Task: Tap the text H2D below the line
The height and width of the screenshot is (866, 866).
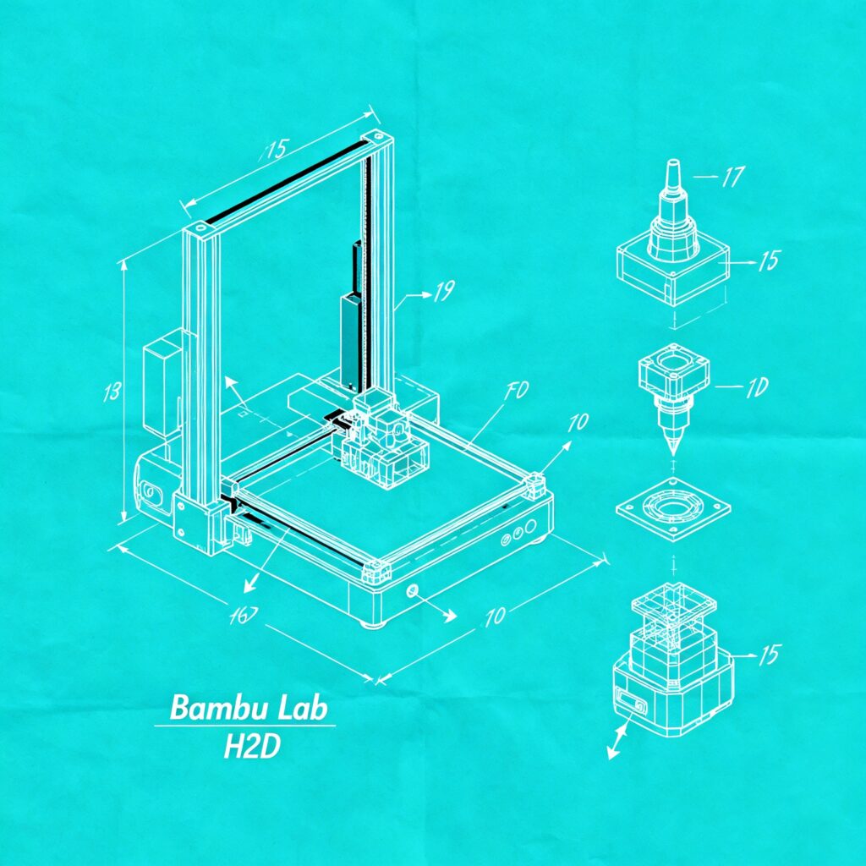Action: click(251, 747)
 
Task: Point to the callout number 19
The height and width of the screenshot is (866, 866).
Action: click(444, 293)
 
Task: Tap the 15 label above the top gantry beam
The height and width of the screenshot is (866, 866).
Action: click(275, 151)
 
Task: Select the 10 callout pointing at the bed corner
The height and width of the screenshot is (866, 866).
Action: click(578, 422)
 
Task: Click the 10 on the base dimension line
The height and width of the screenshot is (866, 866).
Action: click(495, 616)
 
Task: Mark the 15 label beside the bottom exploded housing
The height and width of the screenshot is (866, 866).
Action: click(770, 655)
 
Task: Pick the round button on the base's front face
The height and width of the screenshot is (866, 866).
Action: click(413, 590)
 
